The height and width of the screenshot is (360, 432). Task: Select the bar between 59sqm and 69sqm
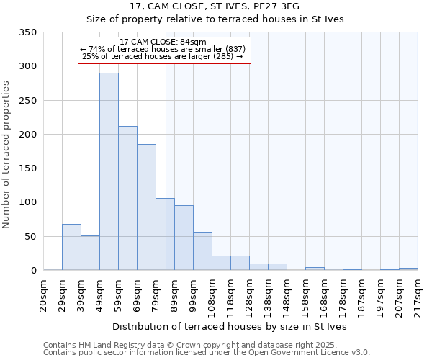click(127, 198)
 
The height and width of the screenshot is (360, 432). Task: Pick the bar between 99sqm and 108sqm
click(202, 251)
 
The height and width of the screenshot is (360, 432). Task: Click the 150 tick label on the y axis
click(27, 168)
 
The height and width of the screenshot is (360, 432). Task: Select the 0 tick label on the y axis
click(33, 271)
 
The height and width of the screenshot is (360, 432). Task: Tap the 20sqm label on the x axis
click(44, 294)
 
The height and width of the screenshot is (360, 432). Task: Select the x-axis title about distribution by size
click(230, 326)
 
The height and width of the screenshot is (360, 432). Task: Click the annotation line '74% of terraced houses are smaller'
click(163, 49)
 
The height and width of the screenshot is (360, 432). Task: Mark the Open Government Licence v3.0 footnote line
click(207, 352)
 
